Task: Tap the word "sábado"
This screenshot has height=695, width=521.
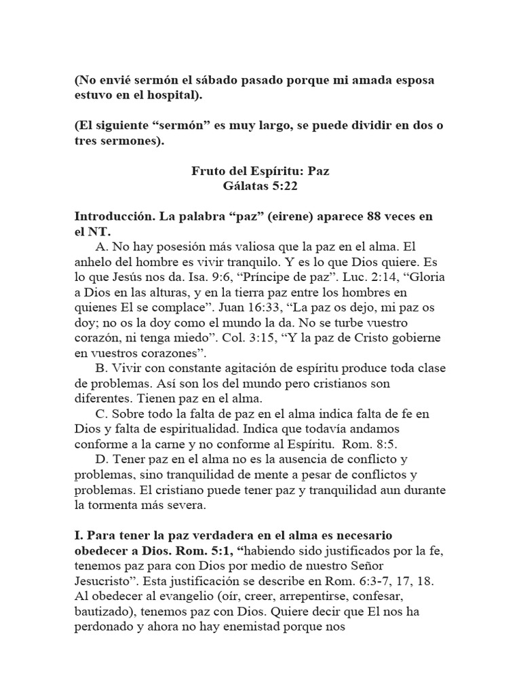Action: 208,80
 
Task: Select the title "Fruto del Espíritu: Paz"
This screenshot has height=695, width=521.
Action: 260,172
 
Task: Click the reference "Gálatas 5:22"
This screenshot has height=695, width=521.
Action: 260,187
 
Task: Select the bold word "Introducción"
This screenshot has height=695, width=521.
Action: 115,217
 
